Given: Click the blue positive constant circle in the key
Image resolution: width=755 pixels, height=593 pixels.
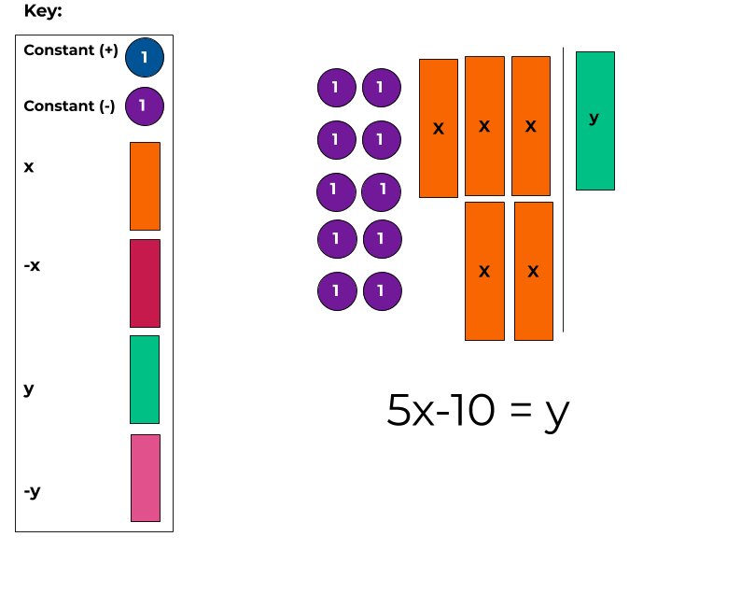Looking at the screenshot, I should click(144, 57).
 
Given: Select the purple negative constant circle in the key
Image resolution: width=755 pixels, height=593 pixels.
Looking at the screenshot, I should click(144, 106).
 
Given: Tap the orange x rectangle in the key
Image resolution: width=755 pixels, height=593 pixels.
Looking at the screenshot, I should click(145, 186).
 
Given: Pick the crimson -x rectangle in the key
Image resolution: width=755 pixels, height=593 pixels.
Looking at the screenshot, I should click(145, 283).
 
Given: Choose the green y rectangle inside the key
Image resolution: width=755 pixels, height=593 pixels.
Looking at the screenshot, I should click(145, 379).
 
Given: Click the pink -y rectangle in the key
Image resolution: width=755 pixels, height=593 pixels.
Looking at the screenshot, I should click(146, 478).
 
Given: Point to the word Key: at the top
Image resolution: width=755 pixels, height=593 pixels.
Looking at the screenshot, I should click(43, 12).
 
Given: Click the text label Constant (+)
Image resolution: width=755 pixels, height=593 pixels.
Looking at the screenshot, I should click(71, 50).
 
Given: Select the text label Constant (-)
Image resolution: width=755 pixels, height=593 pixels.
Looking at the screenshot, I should click(69, 106).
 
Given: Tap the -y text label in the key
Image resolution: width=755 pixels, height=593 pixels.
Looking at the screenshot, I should click(32, 490).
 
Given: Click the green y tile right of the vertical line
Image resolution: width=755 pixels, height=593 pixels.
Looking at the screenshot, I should click(594, 120).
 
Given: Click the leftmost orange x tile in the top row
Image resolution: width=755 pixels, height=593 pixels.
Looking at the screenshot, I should click(439, 128).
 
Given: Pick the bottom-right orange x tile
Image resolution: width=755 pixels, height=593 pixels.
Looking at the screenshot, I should click(533, 271).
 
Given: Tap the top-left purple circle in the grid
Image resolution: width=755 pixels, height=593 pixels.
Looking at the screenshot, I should click(336, 88).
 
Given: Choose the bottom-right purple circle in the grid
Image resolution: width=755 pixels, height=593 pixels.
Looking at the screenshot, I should click(382, 291).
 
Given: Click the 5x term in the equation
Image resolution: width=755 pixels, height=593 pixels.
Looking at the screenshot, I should click(411, 410).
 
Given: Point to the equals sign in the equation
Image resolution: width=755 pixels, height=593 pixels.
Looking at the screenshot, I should click(520, 412).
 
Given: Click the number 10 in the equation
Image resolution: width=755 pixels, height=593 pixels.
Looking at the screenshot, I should click(468, 410).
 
